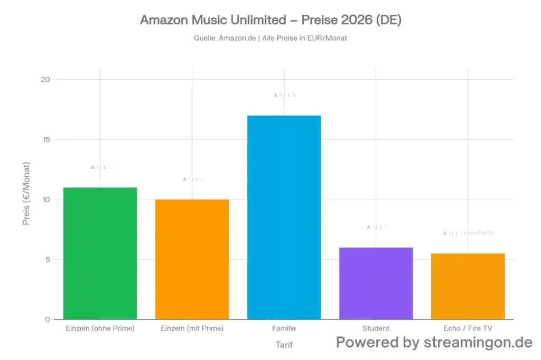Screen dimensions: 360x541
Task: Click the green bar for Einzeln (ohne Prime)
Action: point(100,253)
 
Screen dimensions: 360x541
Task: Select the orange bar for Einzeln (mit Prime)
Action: point(192,259)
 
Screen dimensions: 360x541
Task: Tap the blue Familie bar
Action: point(284,217)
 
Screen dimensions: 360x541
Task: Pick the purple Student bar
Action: point(376,283)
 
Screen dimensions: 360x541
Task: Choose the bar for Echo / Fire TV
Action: point(468,286)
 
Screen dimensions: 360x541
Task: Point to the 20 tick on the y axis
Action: point(45,80)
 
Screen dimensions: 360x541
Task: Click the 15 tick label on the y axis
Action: point(45,139)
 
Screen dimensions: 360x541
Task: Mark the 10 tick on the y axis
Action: point(45,200)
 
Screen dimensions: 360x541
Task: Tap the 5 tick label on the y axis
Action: point(48,259)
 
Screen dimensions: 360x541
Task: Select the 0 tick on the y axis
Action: point(48,319)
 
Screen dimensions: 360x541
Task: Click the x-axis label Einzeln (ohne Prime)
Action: point(100,328)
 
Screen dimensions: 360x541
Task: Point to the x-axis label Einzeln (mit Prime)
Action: point(192,328)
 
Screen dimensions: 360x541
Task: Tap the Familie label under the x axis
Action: point(284,328)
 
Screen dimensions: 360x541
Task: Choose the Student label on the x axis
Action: point(376,328)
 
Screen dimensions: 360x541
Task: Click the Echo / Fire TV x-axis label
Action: point(468,328)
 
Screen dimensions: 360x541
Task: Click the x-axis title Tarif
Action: point(284,345)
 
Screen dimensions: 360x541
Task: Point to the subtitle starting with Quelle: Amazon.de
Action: point(270,38)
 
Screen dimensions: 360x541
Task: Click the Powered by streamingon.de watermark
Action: point(434,342)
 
